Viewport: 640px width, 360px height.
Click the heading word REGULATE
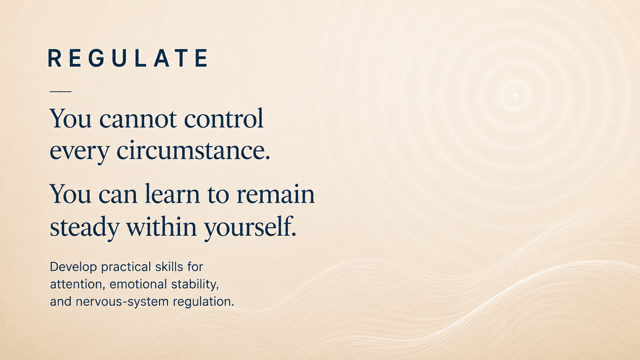[x=128, y=58]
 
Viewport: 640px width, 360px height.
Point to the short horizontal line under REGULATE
[x=60, y=91]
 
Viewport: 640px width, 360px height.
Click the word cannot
[x=138, y=119]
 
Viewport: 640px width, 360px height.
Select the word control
[x=224, y=118]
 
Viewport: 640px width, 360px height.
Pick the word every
[x=80, y=152]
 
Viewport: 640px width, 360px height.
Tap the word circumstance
[x=193, y=150]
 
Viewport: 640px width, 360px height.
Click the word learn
[x=172, y=193]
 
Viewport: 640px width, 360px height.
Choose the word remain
[x=276, y=194]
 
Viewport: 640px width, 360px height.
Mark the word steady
[x=84, y=227]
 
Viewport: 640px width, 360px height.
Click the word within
[x=162, y=226]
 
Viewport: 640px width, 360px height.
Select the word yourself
[x=250, y=227]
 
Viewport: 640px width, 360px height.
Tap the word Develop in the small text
[x=73, y=267]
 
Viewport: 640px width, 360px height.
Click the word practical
[x=126, y=267]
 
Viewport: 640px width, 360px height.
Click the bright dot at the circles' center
[x=515, y=96]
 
